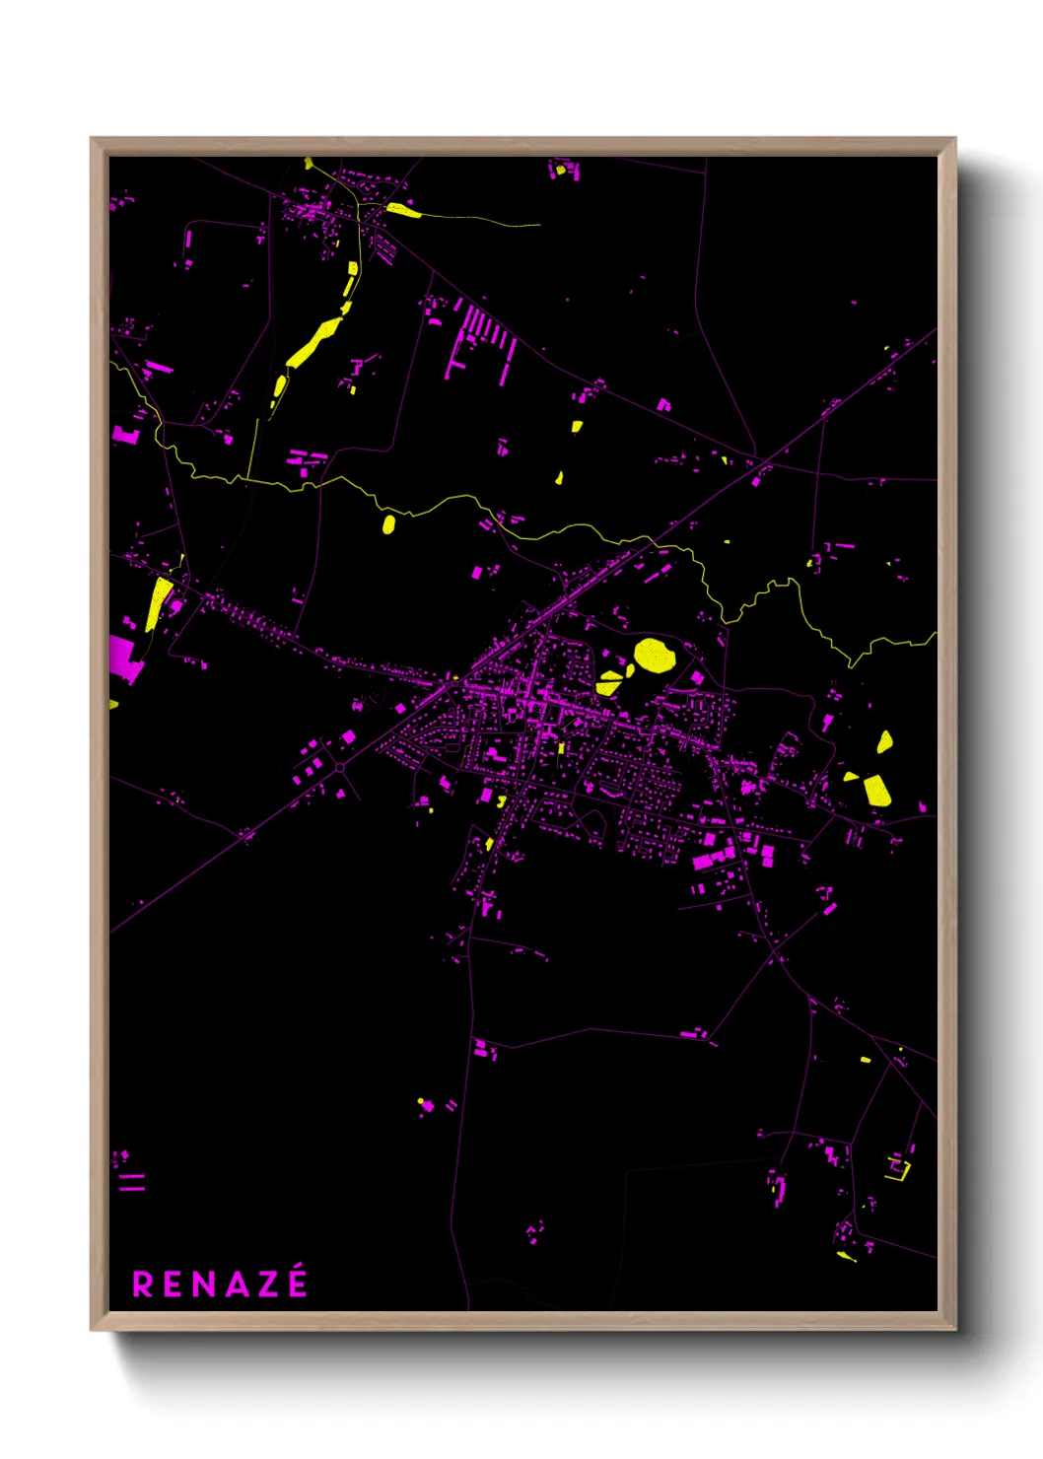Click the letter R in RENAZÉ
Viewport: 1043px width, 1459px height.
click(143, 1285)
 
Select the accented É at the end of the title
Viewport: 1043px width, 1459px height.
click(296, 1283)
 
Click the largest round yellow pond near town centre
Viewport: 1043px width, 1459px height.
click(654, 655)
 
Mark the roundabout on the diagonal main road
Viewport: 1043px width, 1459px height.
click(339, 766)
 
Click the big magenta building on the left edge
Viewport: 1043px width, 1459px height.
click(125, 659)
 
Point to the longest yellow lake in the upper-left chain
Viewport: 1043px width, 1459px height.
click(314, 341)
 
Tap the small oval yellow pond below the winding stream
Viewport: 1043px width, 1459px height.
click(388, 523)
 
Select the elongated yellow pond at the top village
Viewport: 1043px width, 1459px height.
click(402, 209)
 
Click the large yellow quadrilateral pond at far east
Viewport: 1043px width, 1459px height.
click(876, 790)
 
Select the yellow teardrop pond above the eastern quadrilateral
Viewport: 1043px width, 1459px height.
click(884, 741)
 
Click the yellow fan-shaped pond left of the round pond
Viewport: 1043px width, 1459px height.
click(609, 682)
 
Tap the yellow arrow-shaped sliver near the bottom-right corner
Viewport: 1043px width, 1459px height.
click(846, 1255)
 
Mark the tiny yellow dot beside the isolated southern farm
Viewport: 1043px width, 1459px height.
click(421, 1100)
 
